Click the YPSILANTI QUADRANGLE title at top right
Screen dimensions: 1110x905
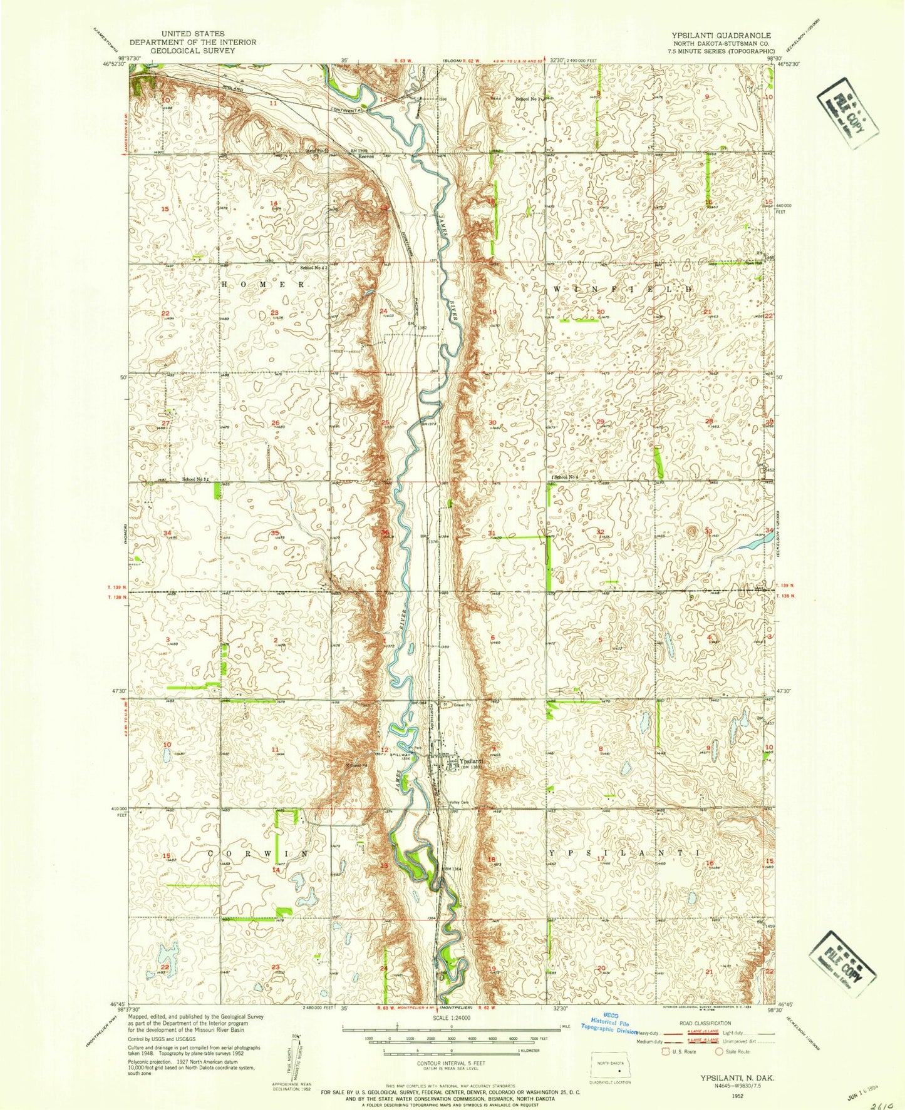pos(721,36)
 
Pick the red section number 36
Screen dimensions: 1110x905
pos(385,532)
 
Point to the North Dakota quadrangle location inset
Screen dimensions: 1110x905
pos(613,1066)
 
